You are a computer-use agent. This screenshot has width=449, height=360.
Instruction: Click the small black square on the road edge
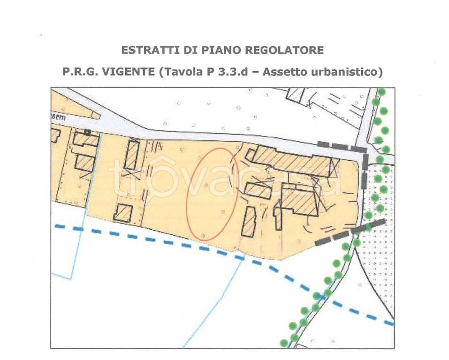[87, 132]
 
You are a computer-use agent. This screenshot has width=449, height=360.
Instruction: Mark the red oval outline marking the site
[212, 194]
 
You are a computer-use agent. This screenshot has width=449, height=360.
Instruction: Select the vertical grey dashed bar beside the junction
[365, 170]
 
